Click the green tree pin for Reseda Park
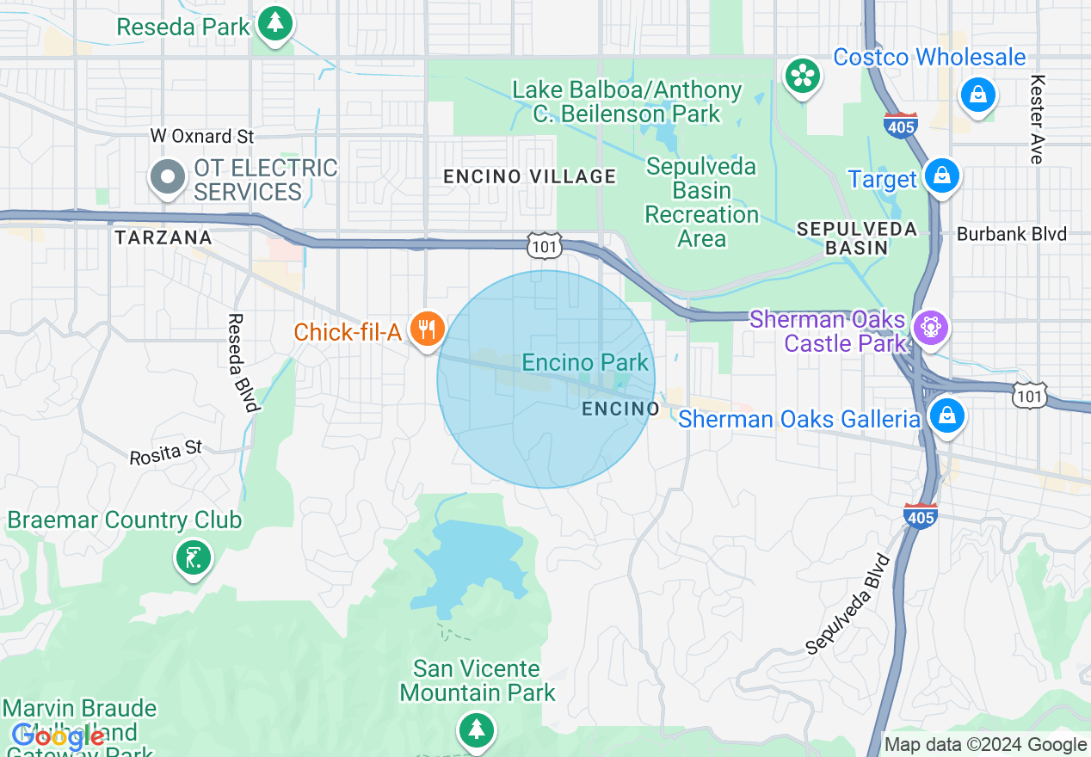tap(274, 23)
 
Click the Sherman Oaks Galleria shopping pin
tap(946, 416)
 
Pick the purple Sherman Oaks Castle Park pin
tap(930, 328)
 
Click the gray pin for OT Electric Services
tap(168, 177)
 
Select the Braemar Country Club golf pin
tap(193, 557)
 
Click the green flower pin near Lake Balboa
tap(803, 77)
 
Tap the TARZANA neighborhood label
tap(163, 237)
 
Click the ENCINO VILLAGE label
tap(529, 177)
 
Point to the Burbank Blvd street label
tap(1012, 234)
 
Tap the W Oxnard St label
tap(202, 136)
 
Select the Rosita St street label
tap(166, 452)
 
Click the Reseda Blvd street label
tap(243, 362)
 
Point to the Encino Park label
tap(585, 362)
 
